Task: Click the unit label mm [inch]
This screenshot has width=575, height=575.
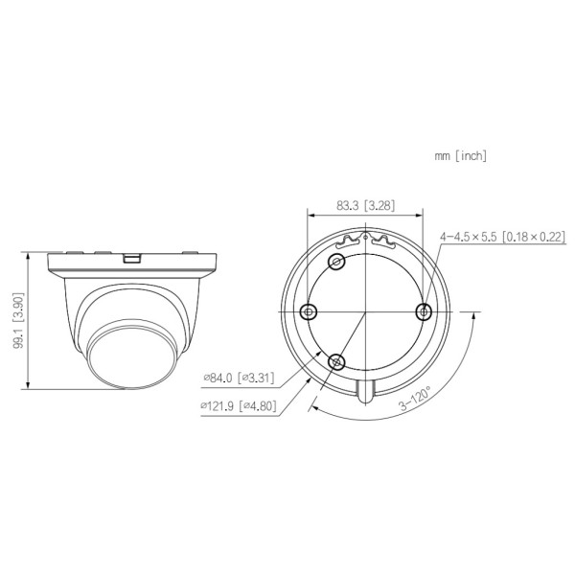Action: (x=460, y=155)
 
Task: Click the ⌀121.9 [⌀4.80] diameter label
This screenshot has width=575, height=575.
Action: (x=238, y=405)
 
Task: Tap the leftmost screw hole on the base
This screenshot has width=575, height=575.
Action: (x=309, y=310)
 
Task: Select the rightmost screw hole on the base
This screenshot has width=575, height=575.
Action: (x=424, y=310)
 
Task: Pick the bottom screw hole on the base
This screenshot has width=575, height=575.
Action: (x=335, y=360)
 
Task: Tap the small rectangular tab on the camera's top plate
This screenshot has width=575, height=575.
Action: (x=132, y=256)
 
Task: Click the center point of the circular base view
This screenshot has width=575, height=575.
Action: (x=366, y=310)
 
